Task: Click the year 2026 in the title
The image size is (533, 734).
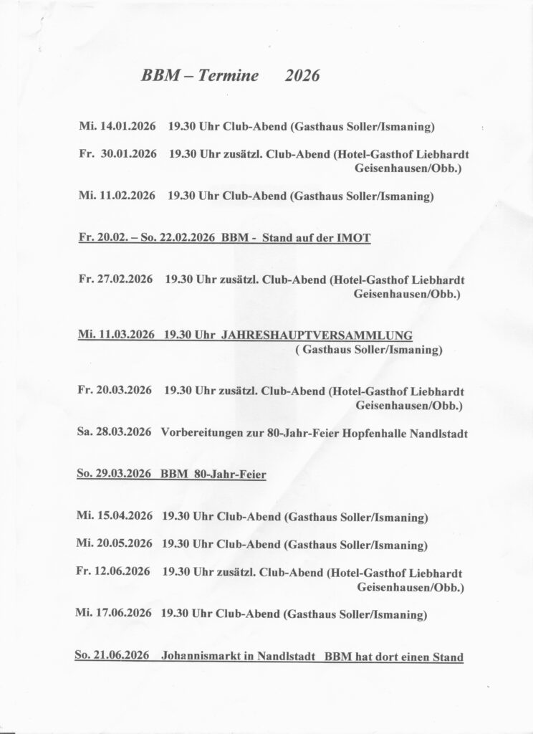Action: (x=301, y=77)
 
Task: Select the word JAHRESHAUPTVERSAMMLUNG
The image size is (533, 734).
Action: (x=317, y=335)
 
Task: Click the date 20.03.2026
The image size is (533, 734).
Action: (x=123, y=391)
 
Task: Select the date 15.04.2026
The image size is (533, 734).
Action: (x=122, y=516)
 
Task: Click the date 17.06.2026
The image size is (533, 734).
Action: (x=121, y=614)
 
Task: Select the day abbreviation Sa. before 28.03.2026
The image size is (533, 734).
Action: (x=82, y=432)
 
